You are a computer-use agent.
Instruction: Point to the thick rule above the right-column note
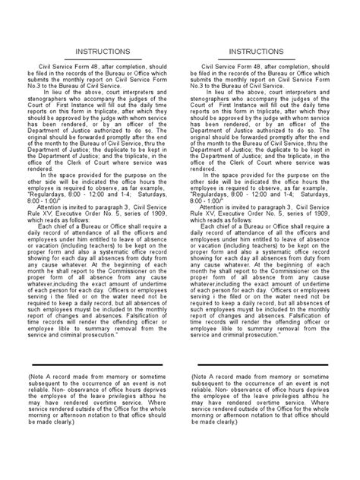261,365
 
